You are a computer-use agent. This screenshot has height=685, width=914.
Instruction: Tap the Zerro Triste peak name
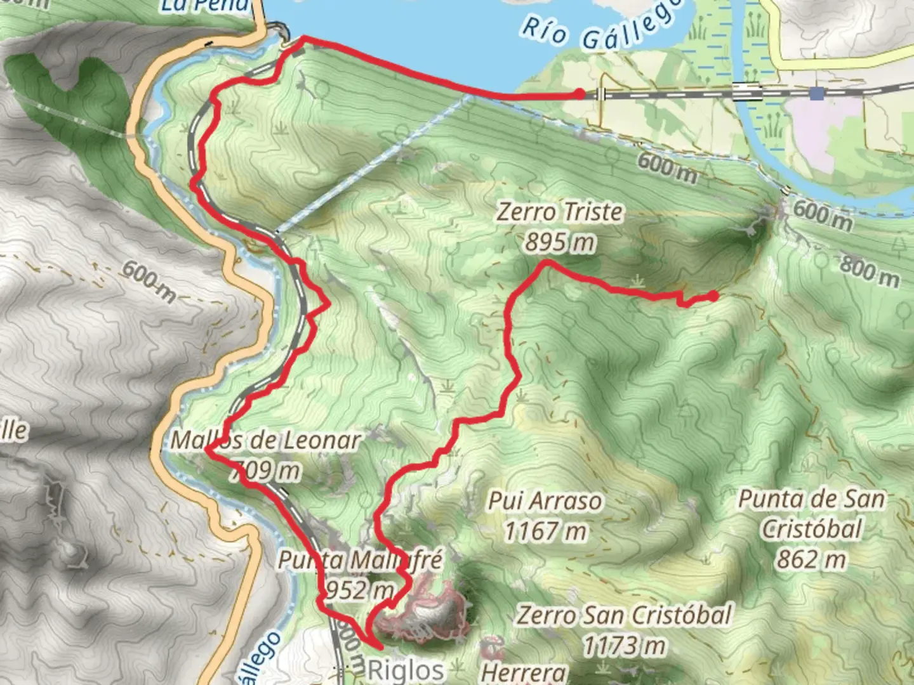click(x=559, y=212)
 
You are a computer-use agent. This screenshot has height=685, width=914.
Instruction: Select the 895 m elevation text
click(x=560, y=242)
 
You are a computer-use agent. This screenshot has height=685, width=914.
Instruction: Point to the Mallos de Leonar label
click(x=265, y=440)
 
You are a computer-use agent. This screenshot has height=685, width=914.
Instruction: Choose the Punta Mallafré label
click(x=360, y=560)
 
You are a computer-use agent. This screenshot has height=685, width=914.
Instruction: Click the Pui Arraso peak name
click(x=545, y=501)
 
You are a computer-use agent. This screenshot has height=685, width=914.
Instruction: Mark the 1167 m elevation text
click(x=545, y=532)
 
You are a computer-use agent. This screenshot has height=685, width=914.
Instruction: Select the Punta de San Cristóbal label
click(x=811, y=514)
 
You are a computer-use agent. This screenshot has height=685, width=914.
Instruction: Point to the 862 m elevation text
click(x=811, y=559)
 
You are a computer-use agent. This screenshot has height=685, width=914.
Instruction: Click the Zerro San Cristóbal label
click(x=624, y=615)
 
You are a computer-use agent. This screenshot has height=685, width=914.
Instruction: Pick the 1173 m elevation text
click(x=624, y=646)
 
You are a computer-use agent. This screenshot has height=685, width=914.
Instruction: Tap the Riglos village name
click(x=406, y=670)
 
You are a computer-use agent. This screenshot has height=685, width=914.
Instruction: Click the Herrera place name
click(x=523, y=672)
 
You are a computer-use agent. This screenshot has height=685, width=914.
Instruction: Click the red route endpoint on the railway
click(x=580, y=94)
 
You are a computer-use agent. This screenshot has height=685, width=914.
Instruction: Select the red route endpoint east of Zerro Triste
click(x=713, y=296)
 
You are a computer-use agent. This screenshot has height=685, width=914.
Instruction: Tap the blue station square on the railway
click(x=816, y=93)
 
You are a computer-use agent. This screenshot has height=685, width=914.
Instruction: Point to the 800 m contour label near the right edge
click(x=870, y=271)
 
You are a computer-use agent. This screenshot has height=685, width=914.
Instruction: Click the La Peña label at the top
click(x=205, y=6)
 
